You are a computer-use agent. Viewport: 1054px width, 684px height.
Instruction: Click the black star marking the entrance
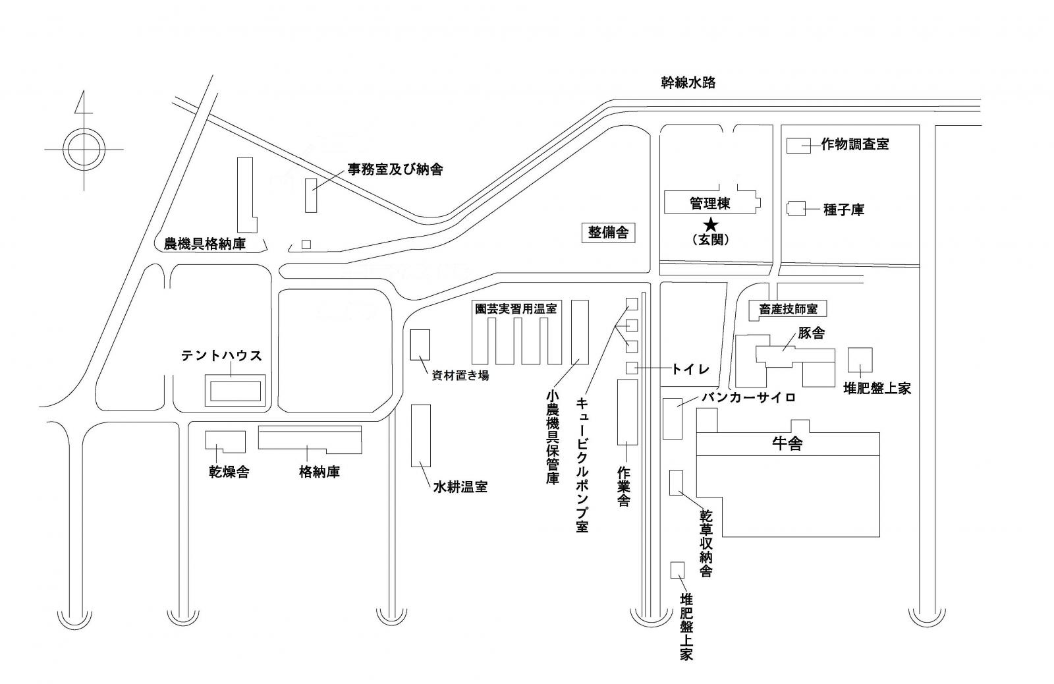(x=711, y=224)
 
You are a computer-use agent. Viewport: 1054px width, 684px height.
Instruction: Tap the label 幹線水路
(x=688, y=83)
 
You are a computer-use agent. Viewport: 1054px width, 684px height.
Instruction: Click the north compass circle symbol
(x=84, y=150)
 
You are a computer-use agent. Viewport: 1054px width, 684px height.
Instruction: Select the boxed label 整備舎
(x=608, y=233)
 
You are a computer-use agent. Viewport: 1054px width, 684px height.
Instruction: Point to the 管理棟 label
(x=709, y=204)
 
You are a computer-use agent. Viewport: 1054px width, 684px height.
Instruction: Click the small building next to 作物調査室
(x=798, y=146)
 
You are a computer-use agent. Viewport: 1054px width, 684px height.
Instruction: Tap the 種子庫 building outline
(x=796, y=209)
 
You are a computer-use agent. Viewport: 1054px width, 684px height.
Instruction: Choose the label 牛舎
(x=787, y=443)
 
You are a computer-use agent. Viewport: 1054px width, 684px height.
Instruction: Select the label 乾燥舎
(x=229, y=472)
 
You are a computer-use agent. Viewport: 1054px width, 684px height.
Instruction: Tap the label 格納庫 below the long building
(x=319, y=472)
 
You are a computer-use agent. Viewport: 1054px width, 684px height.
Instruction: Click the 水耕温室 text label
(x=460, y=488)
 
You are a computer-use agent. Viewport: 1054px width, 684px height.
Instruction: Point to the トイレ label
(x=690, y=369)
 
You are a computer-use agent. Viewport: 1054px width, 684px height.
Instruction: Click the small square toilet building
(x=631, y=368)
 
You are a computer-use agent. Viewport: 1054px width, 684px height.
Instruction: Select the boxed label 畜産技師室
(x=787, y=308)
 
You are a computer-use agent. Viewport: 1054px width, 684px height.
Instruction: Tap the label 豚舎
(x=811, y=333)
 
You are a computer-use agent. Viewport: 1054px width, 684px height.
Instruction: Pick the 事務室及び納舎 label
(x=395, y=169)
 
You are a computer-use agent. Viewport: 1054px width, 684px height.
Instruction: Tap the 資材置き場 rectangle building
(x=420, y=344)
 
